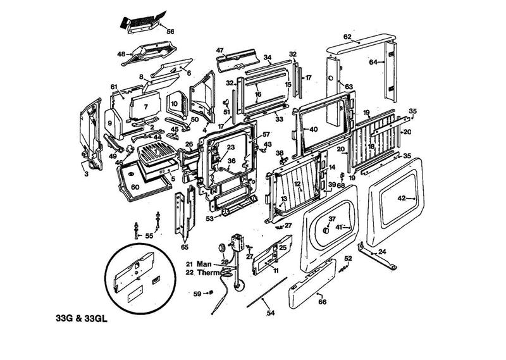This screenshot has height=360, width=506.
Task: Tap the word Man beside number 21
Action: (x=203, y=264)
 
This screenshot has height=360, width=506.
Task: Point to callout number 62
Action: (x=347, y=37)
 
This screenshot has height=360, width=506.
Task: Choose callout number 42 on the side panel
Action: (x=400, y=199)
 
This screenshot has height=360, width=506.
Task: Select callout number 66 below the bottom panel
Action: (x=322, y=302)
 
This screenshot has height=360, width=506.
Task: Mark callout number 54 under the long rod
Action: (x=270, y=313)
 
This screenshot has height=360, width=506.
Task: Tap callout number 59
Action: (x=197, y=293)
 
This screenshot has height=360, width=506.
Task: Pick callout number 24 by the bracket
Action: (x=382, y=252)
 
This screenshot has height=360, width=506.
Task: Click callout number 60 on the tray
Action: (x=135, y=187)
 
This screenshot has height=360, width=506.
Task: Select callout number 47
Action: (x=220, y=50)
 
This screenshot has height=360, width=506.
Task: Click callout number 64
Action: (x=373, y=62)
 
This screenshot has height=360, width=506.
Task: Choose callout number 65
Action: (x=185, y=247)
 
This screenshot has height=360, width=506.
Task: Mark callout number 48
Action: (x=121, y=54)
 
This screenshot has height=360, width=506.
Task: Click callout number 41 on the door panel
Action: (x=338, y=227)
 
